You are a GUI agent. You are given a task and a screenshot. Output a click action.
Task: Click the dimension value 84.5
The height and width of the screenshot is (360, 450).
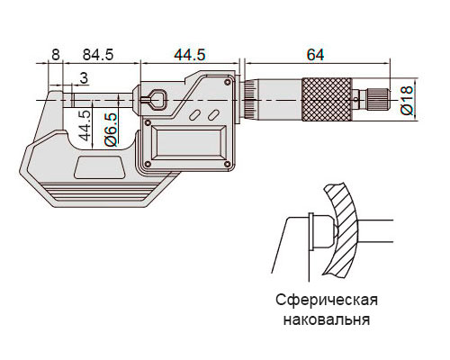click(98, 55)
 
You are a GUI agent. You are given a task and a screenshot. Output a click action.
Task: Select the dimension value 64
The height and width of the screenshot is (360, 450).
click(315, 55)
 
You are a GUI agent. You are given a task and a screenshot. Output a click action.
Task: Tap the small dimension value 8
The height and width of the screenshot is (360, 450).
click(56, 55)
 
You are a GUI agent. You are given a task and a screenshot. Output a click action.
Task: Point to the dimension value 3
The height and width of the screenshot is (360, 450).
click(84, 78)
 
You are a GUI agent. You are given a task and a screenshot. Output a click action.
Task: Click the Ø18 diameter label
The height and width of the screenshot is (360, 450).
click(407, 100)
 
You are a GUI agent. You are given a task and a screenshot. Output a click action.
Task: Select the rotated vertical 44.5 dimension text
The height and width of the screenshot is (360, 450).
click(85, 125)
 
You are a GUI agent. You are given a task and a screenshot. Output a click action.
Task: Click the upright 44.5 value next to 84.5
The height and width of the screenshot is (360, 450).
click(190, 55)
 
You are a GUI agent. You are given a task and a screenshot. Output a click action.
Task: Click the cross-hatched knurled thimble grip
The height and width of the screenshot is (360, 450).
click(327, 100)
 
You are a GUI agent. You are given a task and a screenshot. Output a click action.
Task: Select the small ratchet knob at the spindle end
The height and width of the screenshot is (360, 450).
click(378, 99)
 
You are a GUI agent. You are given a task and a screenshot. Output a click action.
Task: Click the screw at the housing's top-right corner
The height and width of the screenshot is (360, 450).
click(227, 82)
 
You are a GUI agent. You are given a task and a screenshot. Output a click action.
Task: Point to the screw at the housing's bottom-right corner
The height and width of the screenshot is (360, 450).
click(227, 164)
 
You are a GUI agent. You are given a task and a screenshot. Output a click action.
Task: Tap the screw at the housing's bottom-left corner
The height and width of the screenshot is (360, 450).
click(148, 164)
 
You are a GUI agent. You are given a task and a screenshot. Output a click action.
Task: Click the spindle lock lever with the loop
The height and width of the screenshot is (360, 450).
click(152, 99)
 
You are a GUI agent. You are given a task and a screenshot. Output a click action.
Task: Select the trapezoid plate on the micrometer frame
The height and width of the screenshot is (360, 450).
click(100, 167)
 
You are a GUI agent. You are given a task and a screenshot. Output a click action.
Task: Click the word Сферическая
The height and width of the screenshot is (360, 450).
click(327, 301)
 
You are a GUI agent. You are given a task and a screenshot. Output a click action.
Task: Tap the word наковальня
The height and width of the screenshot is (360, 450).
click(327, 319)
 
